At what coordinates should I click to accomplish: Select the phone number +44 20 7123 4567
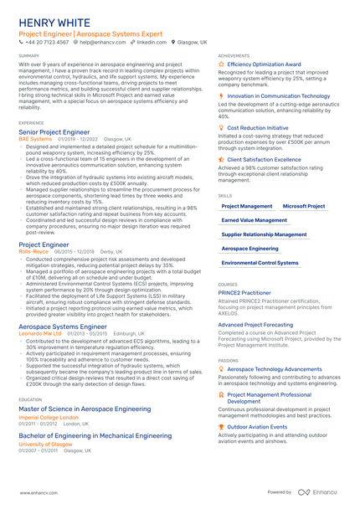(49, 41)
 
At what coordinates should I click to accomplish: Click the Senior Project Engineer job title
(54, 132)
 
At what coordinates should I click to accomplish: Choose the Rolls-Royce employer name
(34, 251)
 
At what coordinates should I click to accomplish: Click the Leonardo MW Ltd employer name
(40, 332)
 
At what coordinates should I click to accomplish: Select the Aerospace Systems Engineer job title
(63, 326)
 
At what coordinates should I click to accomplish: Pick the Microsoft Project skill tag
(304, 205)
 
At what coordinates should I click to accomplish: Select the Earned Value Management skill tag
(254, 220)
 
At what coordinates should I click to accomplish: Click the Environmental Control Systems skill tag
(260, 263)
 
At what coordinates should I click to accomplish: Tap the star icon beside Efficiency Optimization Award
(221, 64)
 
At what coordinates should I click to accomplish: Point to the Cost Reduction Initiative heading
(258, 128)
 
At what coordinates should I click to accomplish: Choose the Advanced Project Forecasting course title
(255, 324)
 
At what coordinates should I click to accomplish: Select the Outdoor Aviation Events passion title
(257, 427)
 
